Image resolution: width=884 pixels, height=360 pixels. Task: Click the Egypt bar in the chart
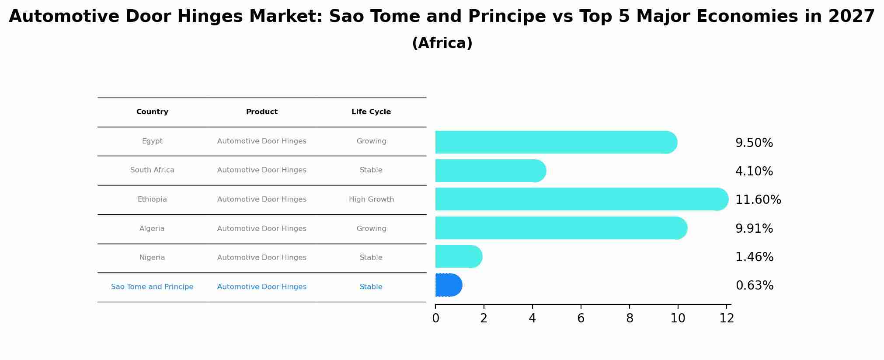[x=555, y=142]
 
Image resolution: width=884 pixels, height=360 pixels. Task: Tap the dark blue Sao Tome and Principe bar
[x=448, y=285]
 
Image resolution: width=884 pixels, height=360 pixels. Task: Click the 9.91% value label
[x=754, y=229]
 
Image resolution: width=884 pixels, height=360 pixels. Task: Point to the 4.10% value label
[x=754, y=171]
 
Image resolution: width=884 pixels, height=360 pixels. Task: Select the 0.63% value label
[x=754, y=286]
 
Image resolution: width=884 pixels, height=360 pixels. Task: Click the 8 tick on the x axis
[x=629, y=318]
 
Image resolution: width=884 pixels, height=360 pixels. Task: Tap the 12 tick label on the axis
[x=726, y=318]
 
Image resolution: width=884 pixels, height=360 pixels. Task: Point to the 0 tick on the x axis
[x=435, y=318]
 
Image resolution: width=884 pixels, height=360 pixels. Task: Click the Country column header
[x=152, y=112]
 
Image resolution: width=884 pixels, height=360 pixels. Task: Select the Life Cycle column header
[x=371, y=112]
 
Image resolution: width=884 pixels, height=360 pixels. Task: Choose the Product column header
[x=261, y=112]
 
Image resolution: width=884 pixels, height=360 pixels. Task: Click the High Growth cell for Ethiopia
[x=371, y=199]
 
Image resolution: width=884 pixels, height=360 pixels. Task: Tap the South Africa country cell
[x=152, y=170]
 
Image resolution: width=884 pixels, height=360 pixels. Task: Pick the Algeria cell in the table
[x=152, y=229]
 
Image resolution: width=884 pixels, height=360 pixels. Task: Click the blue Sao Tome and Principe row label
[x=152, y=287]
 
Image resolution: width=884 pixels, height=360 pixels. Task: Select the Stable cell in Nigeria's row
[x=371, y=258]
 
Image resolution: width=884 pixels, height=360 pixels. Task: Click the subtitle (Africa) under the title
[x=442, y=43]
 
